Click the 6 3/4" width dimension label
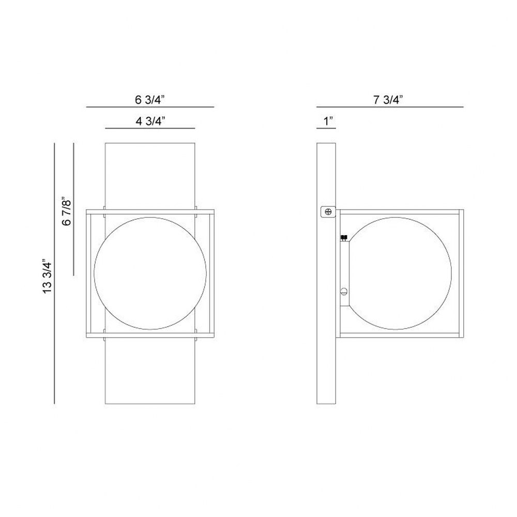click(x=149, y=99)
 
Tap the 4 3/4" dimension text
click(x=150, y=121)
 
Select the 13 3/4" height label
click(x=48, y=276)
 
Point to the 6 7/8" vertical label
click(x=66, y=211)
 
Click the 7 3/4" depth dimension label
click(x=388, y=99)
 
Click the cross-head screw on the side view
click(x=328, y=211)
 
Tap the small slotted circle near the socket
click(x=344, y=292)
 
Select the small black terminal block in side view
click(x=344, y=237)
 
